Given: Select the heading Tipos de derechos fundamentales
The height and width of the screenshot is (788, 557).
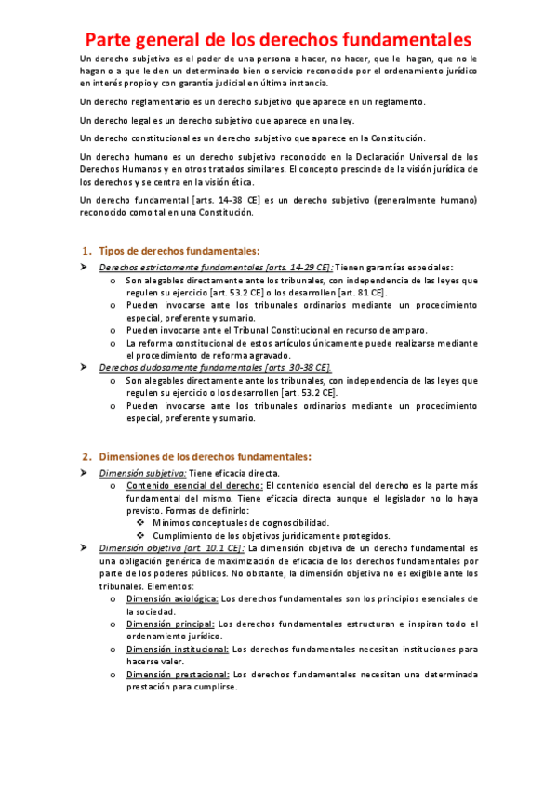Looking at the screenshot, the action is pos(179,251).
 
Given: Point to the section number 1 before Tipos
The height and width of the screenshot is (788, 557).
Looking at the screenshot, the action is pos(86,251).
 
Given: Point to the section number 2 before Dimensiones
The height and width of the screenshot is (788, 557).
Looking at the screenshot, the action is pos(86,456).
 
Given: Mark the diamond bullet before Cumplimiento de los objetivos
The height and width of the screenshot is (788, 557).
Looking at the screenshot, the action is pos(140,535).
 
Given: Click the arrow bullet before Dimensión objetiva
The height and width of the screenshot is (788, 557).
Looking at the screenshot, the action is pos(83,548).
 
